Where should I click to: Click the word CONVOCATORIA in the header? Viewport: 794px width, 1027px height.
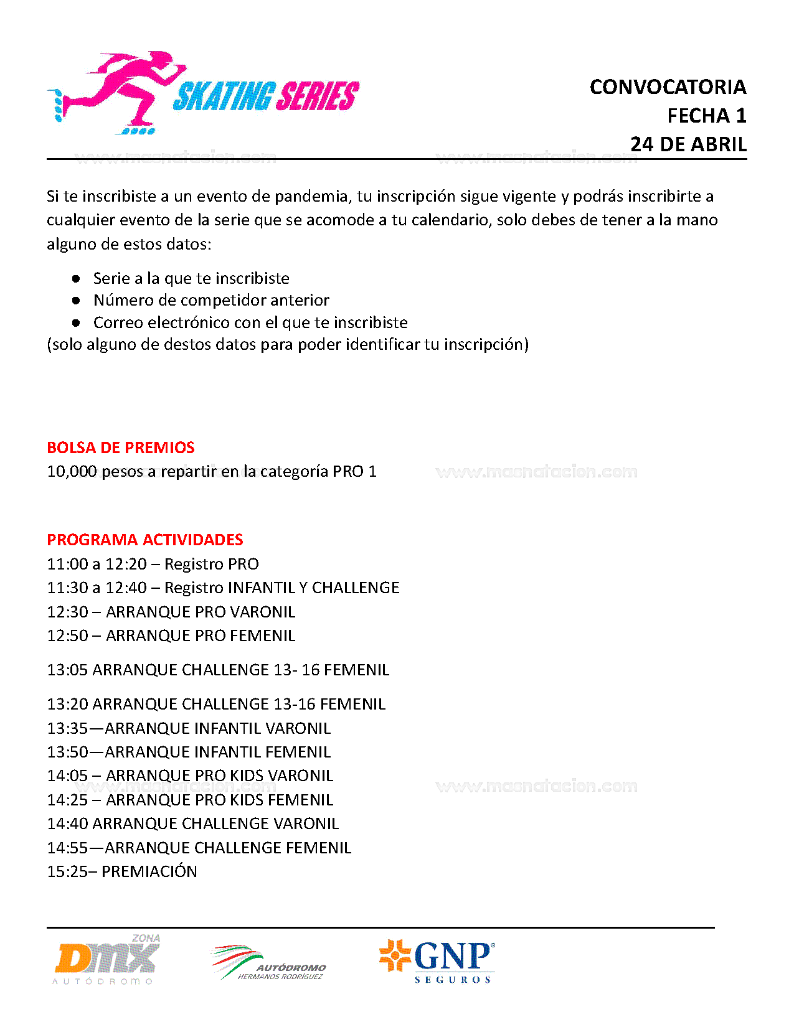[x=668, y=87]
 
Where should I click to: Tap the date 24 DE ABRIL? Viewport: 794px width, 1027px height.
[x=688, y=144]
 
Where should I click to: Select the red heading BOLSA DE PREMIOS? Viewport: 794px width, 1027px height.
[x=121, y=448]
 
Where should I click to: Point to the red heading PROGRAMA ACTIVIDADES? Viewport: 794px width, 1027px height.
[x=145, y=540]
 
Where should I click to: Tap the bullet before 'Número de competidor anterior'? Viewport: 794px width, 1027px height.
[x=76, y=301]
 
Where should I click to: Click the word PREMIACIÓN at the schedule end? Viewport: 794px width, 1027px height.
[x=149, y=871]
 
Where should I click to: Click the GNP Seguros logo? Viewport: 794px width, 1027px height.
[x=437, y=960]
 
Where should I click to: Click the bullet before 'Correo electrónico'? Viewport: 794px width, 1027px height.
[x=76, y=323]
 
